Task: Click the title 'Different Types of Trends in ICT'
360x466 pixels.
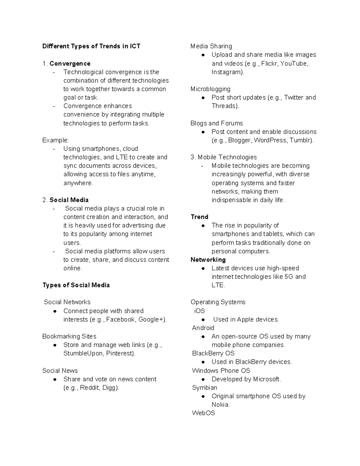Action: tap(91, 46)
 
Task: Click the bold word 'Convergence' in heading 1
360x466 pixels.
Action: tap(70, 64)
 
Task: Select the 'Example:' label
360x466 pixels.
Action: tap(55, 140)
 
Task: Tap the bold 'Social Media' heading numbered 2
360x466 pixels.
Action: tap(69, 200)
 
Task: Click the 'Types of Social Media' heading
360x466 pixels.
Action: tap(76, 285)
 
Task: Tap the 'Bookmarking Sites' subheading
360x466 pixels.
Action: tap(69, 336)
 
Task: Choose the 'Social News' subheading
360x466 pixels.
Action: tap(60, 371)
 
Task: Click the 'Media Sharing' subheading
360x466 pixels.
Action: tap(211, 46)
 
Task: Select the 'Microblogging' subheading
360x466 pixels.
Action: tap(210, 89)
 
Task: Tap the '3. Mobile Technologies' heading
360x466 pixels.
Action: tap(223, 157)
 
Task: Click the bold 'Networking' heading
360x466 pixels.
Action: tap(208, 260)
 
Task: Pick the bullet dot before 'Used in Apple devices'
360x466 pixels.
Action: tap(203, 320)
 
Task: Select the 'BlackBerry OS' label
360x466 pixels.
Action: tap(213, 353)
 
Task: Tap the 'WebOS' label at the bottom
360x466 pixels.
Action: tap(203, 413)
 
